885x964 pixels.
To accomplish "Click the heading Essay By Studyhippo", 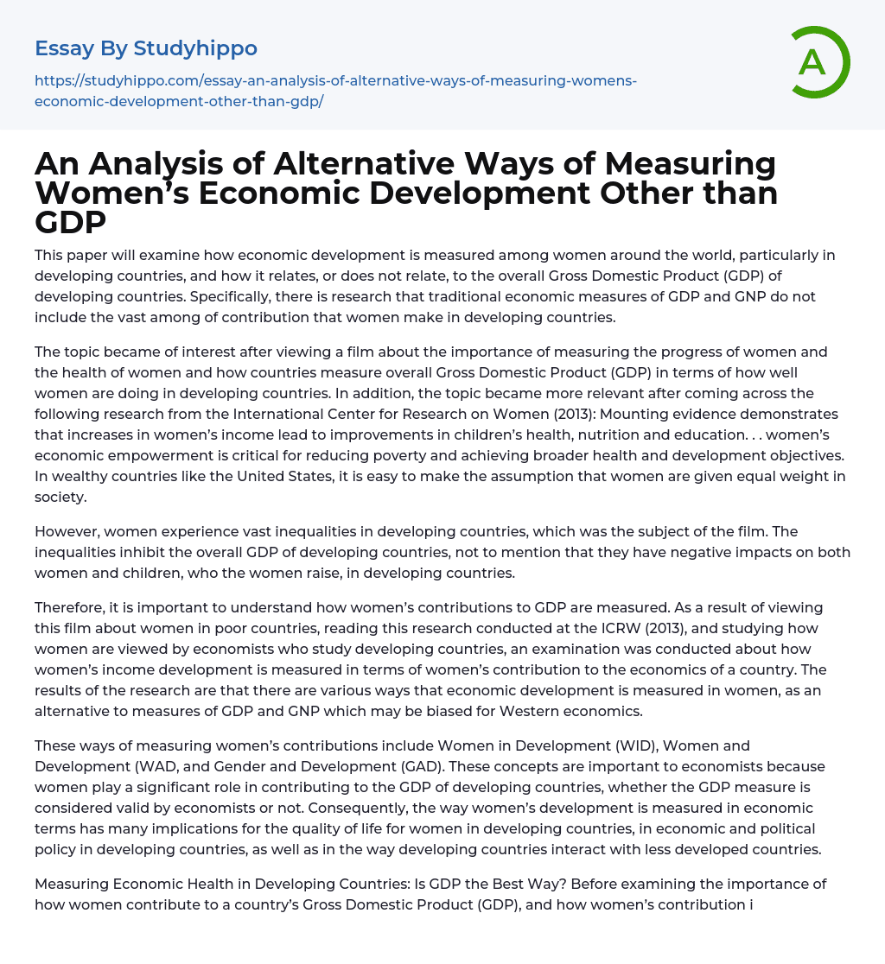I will coord(146,48).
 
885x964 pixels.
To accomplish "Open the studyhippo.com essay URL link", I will coord(335,90).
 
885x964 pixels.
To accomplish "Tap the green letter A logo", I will coord(812,62).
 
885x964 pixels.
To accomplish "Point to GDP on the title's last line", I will coord(70,222).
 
